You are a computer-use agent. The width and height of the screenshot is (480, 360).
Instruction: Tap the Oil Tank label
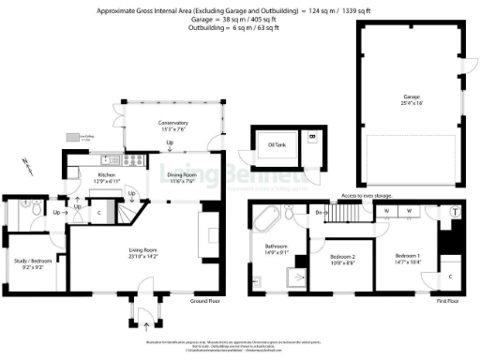pyautogui.click(x=277, y=145)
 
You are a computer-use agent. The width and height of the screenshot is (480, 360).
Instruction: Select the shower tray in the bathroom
pyautogui.click(x=299, y=276)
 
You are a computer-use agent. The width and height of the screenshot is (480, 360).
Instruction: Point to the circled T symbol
pyautogui.click(x=456, y=212)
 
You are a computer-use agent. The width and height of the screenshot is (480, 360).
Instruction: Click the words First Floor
pyautogui.click(x=449, y=302)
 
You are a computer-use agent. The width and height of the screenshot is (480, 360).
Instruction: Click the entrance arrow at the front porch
pyautogui.click(x=145, y=328)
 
